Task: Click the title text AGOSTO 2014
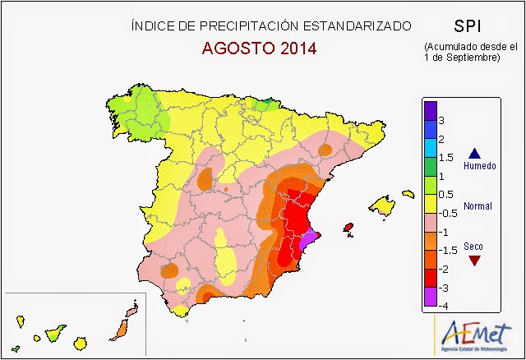point(259,48)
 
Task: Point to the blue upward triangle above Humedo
point(473,152)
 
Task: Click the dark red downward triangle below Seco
point(473,261)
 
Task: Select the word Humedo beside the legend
point(480,166)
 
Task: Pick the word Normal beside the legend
point(478,206)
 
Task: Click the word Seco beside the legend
point(473,247)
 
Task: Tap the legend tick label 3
point(441,121)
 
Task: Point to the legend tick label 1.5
point(445,157)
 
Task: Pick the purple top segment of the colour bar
point(429,110)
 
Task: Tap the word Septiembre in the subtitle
point(471,58)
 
